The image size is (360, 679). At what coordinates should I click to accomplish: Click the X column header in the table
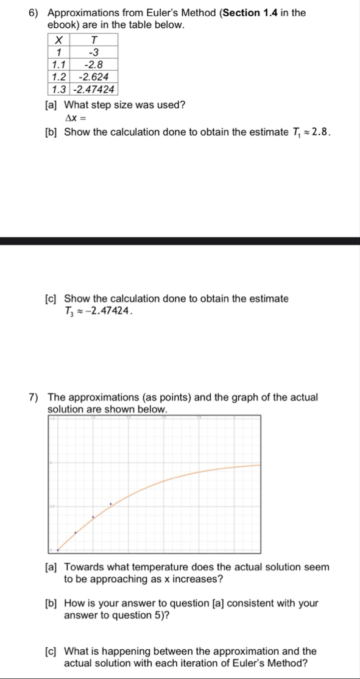58,40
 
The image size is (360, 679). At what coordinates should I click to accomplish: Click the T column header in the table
94,40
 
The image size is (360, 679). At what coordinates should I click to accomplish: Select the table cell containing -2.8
94,64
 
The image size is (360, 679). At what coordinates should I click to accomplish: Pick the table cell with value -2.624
94,77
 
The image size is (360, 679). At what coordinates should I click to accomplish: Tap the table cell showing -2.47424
94,89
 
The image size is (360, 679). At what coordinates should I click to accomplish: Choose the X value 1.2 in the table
58,77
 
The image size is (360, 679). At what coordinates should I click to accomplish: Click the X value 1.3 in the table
58,89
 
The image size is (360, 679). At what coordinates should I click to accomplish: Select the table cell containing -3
94,52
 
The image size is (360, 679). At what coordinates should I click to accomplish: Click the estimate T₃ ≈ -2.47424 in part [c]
96,311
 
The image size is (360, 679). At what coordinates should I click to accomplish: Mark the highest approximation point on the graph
110,504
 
